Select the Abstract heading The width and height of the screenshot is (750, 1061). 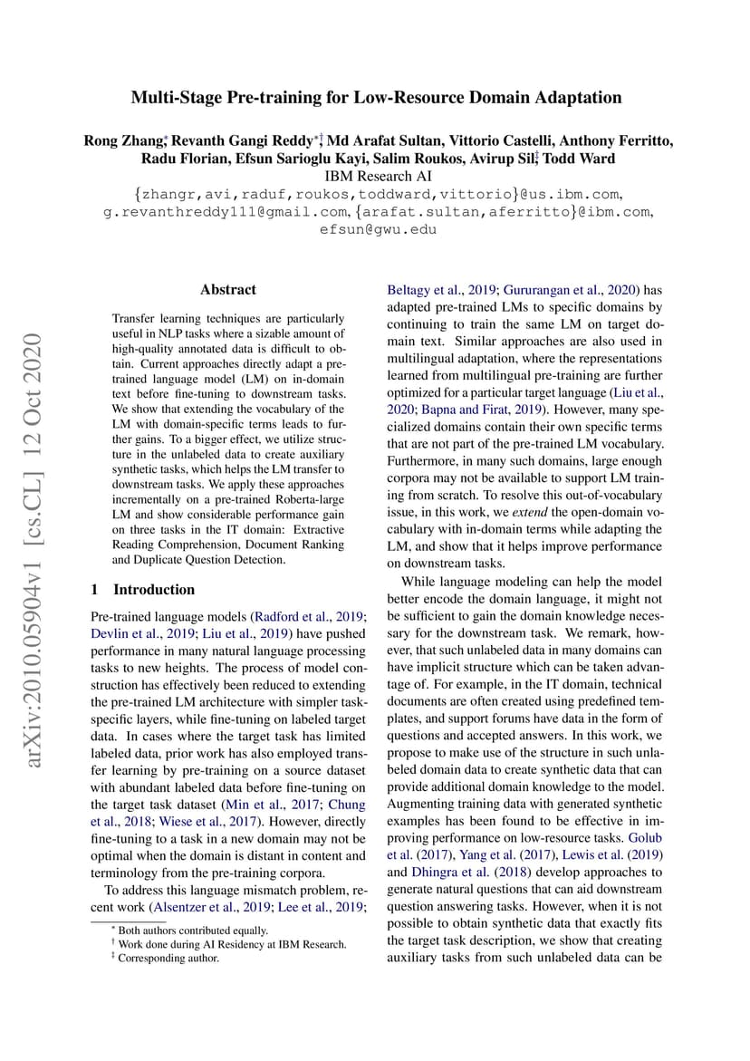coord(228,290)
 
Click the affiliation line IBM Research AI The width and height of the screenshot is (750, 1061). coord(375,176)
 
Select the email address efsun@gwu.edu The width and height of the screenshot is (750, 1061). coord(375,229)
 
